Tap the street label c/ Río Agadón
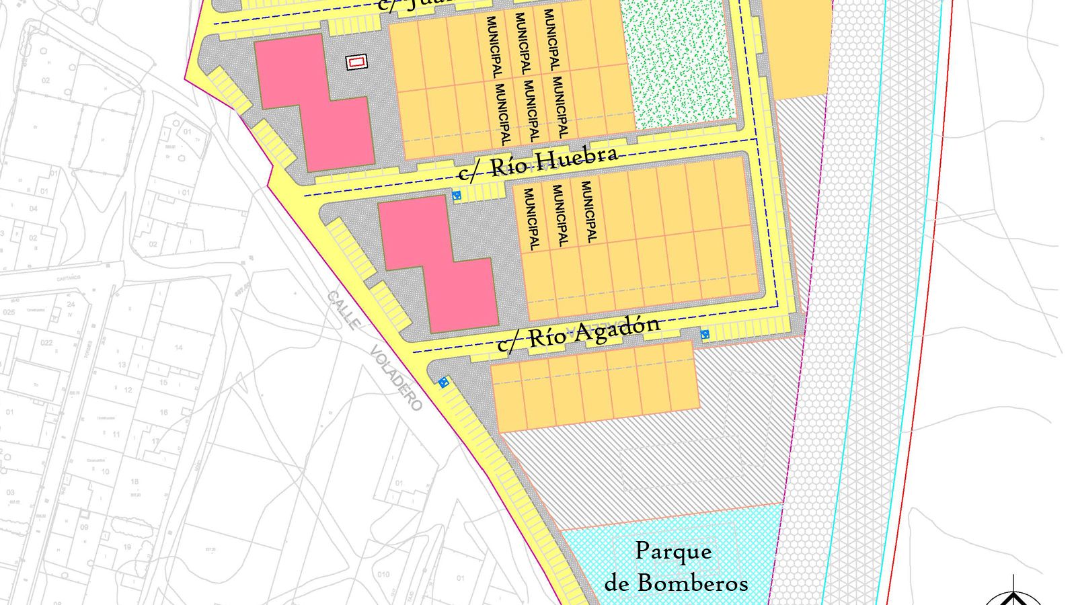coord(578,333)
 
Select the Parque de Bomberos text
coord(675,567)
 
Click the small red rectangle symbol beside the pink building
coord(356,63)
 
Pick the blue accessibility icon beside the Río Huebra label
coord(457,196)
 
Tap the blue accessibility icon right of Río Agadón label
coord(705,334)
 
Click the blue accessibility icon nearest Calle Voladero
coord(443,382)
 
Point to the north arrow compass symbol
coord(1013,594)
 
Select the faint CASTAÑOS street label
coord(69,277)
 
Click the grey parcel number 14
coord(178,348)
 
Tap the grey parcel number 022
coord(46,343)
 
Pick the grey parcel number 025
coord(8,313)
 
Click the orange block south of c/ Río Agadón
coord(595,387)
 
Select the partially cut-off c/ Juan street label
coord(410,5)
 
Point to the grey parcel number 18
coord(134,481)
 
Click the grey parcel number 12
coord(128,390)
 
